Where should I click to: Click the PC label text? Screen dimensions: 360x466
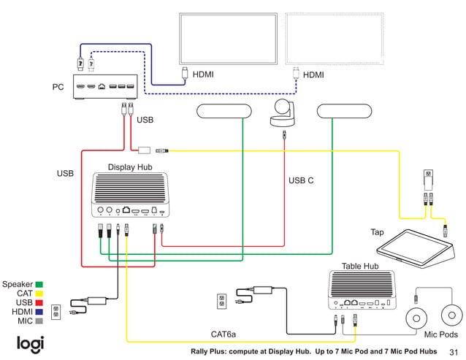tap(58, 87)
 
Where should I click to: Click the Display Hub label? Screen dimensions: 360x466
tap(130, 167)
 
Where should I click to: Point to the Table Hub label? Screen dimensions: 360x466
tap(360, 266)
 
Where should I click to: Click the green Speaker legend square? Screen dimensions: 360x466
tap(39, 284)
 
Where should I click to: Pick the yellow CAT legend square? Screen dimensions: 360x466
tap(39, 294)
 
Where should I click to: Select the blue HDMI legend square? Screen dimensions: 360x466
tap(39, 312)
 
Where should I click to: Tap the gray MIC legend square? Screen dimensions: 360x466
tap(39, 321)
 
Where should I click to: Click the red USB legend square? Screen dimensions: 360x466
tap(39, 302)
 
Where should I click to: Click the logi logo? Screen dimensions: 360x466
tap(31, 344)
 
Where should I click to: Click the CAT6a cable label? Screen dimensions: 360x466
tap(223, 334)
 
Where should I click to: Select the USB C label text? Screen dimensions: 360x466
tap(301, 180)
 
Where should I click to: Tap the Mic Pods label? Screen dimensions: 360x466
tap(441, 335)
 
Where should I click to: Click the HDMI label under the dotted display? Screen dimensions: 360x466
tap(313, 74)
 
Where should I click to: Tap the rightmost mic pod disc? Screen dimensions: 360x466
tap(453, 316)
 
